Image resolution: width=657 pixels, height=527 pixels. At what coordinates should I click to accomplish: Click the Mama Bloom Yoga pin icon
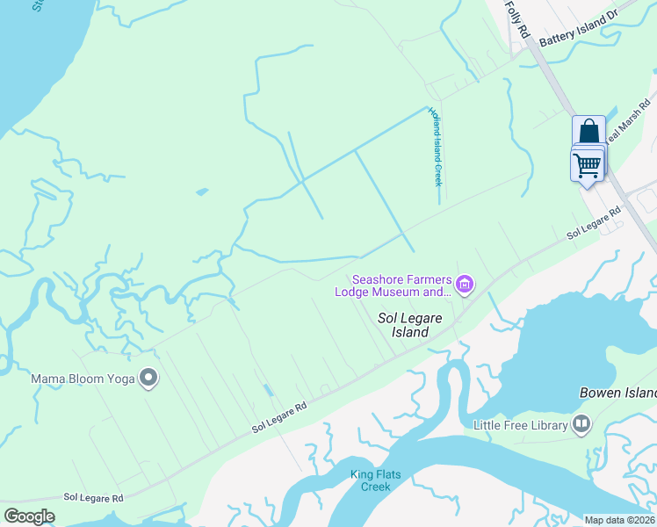click(x=148, y=379)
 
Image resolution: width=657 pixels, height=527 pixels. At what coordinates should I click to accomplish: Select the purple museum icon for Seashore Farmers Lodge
click(x=466, y=285)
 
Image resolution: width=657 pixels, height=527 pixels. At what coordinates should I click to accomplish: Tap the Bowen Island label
click(x=617, y=393)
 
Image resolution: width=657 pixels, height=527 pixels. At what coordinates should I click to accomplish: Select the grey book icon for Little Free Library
click(x=581, y=425)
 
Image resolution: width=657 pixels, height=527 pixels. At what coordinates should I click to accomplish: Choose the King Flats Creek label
click(x=376, y=480)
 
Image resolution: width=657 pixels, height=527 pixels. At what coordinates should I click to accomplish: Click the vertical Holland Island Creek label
click(x=434, y=146)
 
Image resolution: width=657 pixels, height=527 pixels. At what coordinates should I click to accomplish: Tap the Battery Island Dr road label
click(x=579, y=31)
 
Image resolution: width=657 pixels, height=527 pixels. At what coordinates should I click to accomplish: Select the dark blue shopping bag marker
click(x=588, y=132)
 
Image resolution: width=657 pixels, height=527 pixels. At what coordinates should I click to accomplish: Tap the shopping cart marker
click(x=587, y=163)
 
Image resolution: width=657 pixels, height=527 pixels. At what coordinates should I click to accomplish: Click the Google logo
click(x=30, y=516)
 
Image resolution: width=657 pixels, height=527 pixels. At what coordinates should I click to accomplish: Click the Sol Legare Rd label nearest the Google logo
click(x=93, y=498)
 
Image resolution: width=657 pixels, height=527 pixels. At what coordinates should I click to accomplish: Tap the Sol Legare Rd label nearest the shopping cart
click(x=594, y=223)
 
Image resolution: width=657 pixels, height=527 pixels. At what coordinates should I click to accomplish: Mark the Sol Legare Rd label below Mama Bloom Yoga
click(x=279, y=417)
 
